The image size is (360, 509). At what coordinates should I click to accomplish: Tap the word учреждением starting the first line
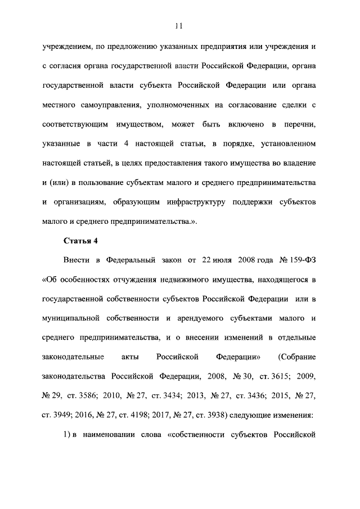click(x=66, y=46)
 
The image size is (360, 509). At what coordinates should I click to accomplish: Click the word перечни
click(x=298, y=125)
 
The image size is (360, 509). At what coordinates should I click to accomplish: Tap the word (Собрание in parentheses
click(x=298, y=361)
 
